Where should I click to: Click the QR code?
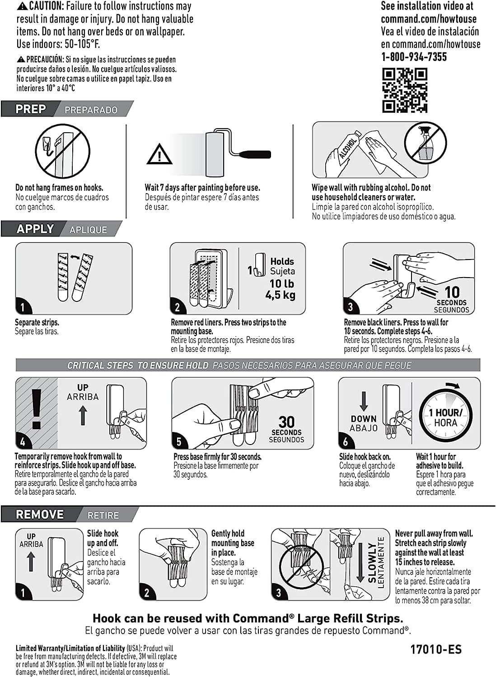[405, 90]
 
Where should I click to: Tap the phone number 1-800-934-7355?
[414, 57]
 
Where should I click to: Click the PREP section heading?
[31, 109]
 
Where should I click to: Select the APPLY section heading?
[35, 229]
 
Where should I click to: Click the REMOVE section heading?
[40, 514]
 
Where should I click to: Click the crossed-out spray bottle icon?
[425, 145]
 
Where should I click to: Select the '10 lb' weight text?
[281, 284]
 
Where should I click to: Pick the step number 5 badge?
[179, 441]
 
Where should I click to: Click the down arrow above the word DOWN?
[363, 401]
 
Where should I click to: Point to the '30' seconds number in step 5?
[286, 422]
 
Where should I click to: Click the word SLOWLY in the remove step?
[372, 562]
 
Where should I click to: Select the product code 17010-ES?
[435, 649]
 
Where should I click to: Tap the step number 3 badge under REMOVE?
[279, 593]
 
